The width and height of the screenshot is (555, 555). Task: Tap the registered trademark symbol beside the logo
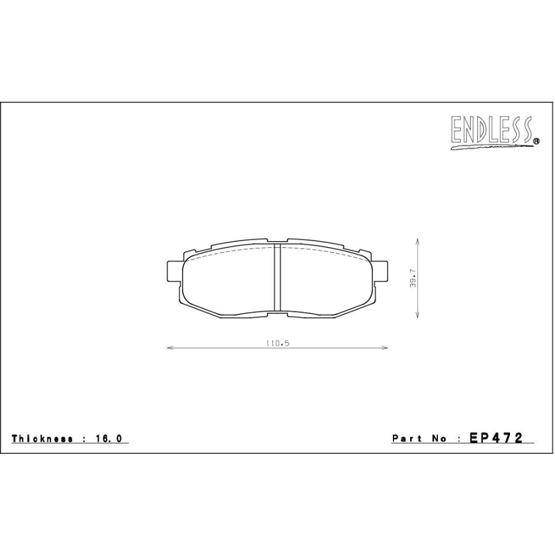pos(536,141)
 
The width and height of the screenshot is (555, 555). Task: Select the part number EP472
pos(496,438)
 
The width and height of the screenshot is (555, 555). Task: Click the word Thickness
pos(43,438)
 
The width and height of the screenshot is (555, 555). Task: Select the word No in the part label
pos(439,438)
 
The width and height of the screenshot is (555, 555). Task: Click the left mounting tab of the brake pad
pos(175,271)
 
